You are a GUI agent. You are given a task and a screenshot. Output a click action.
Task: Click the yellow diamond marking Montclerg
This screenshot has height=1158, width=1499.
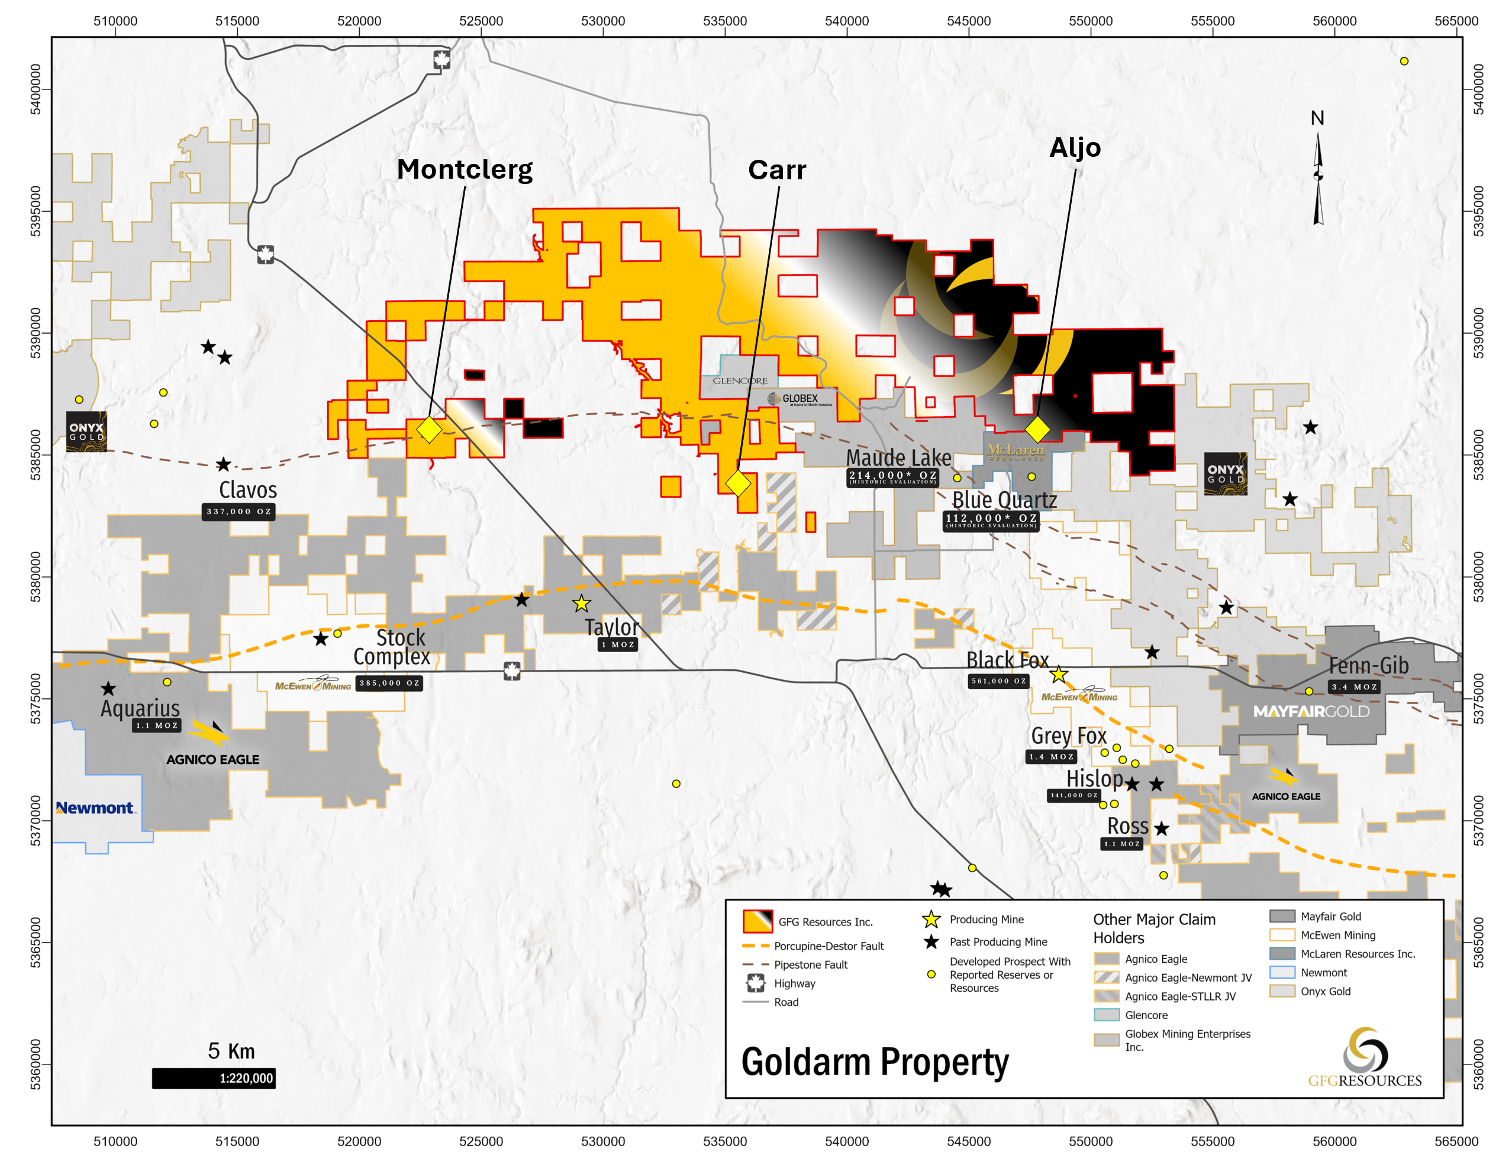tap(429, 430)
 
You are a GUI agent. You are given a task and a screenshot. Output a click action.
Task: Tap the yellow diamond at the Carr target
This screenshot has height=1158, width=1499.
tap(738, 483)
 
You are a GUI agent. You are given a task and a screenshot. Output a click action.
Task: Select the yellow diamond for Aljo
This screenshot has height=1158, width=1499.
tap(1037, 429)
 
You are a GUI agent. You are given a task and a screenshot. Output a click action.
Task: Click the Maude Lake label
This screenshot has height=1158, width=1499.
tap(898, 458)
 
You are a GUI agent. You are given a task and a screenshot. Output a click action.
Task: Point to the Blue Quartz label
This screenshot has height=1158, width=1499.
tap(1004, 500)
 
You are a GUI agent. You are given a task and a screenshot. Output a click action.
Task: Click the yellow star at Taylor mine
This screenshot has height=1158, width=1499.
tap(581, 604)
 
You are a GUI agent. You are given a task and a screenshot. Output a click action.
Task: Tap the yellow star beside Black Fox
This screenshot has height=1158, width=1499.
tap(1058, 674)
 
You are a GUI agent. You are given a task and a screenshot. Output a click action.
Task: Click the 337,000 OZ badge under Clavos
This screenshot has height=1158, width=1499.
tap(238, 511)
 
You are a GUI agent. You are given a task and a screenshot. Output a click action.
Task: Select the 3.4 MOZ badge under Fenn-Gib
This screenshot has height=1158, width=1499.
tap(1353, 686)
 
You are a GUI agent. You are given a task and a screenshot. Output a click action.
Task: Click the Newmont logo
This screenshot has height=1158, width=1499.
tap(95, 808)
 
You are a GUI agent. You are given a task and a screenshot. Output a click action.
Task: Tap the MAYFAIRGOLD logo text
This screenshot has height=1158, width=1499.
tap(1310, 711)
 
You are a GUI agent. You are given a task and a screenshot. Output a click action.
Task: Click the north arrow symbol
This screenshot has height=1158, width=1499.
tap(1318, 179)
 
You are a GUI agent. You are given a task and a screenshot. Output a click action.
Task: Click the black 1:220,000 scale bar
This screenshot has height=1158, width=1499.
tap(214, 1078)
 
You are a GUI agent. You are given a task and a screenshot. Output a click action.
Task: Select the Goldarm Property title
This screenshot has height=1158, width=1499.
tap(875, 1062)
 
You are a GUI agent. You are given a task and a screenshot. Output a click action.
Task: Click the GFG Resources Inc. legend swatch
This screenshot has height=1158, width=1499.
tap(757, 921)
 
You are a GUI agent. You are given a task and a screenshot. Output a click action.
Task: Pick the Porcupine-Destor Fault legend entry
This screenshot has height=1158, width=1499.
tap(828, 946)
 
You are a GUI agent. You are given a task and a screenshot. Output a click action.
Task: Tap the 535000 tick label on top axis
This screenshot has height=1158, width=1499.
tap(724, 21)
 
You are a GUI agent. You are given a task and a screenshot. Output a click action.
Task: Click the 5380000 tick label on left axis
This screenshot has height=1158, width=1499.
tap(35, 576)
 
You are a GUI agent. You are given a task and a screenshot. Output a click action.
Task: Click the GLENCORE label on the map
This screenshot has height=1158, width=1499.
tap(739, 380)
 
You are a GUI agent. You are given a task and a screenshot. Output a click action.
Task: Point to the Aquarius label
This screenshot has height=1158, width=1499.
tap(140, 708)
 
